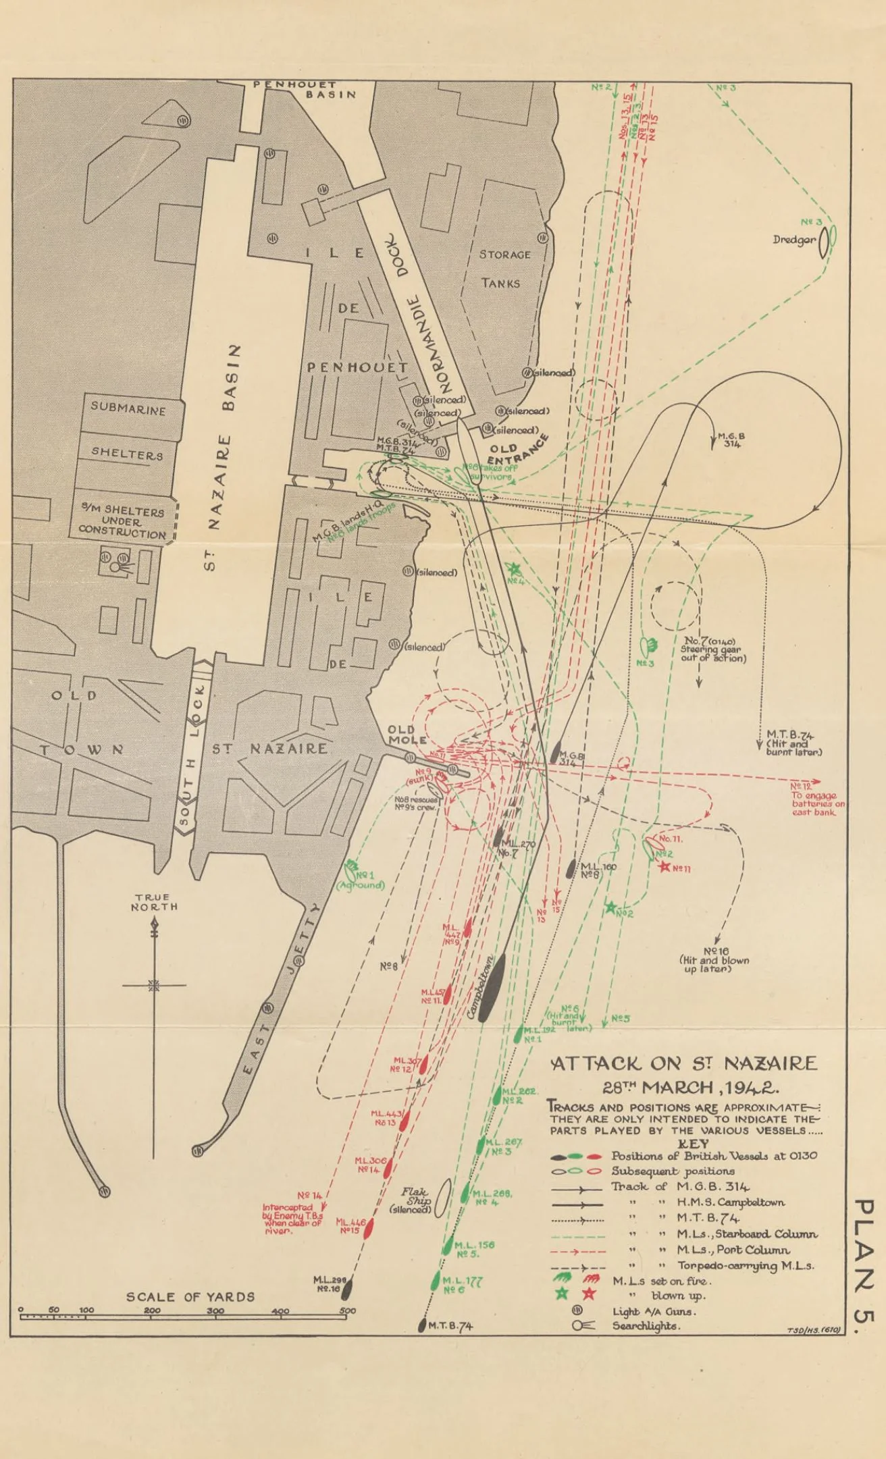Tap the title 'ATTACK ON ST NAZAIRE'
684,1064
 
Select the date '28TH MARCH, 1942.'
690,1088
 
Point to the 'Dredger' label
794,240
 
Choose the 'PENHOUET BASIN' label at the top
305,89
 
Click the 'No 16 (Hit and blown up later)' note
714,959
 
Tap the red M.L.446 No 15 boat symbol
369,1228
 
